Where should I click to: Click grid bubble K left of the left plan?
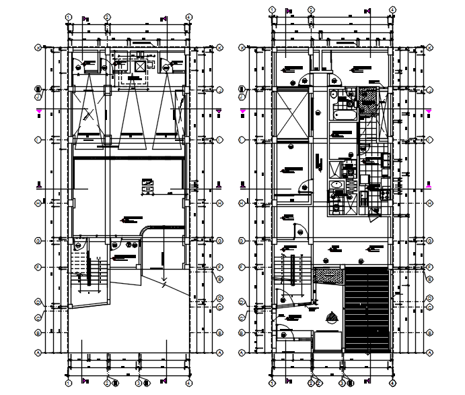[x=39, y=48]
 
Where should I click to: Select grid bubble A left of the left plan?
[x=39, y=353]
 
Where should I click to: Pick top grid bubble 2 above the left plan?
[x=108, y=17]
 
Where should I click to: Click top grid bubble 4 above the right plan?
[x=392, y=9]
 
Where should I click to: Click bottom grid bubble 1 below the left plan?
[x=69, y=383]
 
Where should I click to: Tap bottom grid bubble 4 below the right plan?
[x=392, y=383]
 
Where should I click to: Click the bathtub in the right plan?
[x=344, y=115]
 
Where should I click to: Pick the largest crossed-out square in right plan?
[x=291, y=113]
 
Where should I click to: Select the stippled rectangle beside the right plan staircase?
[x=329, y=275]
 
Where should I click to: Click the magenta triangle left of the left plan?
[x=39, y=110]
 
